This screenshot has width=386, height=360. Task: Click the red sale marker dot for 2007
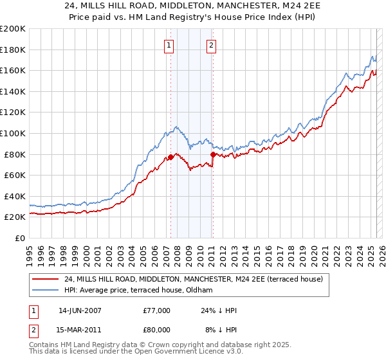[170, 157]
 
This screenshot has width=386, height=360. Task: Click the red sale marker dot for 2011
[213, 154]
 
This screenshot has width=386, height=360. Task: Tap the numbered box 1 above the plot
[169, 45]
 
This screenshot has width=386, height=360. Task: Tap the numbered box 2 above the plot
[211, 45]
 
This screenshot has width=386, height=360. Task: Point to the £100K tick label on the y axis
[13, 133]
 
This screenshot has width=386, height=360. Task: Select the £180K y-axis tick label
[13, 50]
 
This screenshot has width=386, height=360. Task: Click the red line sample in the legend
[46, 278]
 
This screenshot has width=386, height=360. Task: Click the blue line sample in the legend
[46, 290]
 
